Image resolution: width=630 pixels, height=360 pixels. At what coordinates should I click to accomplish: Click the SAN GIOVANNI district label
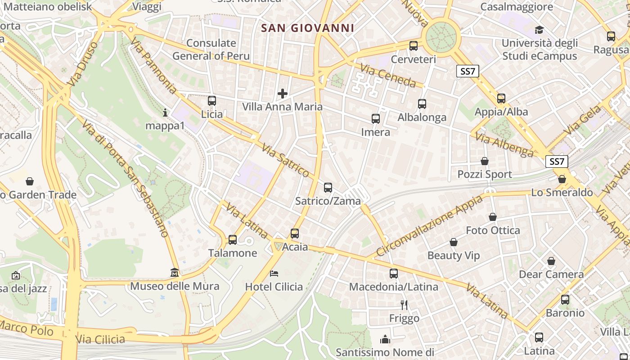(307, 28)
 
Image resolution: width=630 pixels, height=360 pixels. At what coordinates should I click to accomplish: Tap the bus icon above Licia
(212, 101)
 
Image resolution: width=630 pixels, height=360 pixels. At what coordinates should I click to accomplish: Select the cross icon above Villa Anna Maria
(283, 94)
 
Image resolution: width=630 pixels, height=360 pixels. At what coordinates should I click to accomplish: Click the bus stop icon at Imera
(376, 119)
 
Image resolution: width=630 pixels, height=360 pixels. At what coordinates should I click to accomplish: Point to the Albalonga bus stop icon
(422, 104)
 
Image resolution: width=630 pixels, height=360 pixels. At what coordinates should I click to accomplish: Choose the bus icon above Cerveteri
(414, 45)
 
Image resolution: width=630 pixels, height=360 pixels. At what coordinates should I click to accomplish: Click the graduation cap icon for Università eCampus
(539, 30)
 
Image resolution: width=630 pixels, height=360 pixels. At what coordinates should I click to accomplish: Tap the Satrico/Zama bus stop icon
(328, 188)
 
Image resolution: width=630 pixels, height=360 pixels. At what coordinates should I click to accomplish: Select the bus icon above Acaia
(295, 234)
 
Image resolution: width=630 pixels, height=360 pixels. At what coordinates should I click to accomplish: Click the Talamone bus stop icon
(233, 240)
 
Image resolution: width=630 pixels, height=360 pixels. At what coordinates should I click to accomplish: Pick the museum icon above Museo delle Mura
(175, 273)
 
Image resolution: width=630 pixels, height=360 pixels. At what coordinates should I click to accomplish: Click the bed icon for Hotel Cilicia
(274, 273)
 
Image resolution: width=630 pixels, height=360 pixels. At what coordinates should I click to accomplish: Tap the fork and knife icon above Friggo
(404, 305)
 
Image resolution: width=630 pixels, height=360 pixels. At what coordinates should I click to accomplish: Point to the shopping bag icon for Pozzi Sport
(485, 161)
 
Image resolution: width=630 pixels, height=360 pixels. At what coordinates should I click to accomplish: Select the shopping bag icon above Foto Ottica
(493, 217)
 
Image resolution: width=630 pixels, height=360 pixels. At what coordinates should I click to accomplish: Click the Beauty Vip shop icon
(454, 243)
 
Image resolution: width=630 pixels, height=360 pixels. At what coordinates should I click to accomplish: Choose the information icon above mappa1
(165, 112)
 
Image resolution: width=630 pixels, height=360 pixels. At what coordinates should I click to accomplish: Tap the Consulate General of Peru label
(211, 49)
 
